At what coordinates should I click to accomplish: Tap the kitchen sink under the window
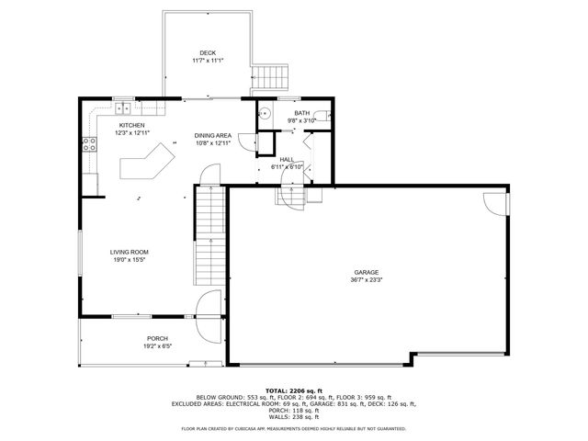coord(124,111)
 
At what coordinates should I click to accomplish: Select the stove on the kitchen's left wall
coord(90,142)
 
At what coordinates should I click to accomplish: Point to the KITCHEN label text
coord(131,125)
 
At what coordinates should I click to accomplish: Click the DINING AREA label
coord(211,135)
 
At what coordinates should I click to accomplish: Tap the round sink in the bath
coord(264,114)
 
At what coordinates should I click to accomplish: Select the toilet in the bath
coord(325,117)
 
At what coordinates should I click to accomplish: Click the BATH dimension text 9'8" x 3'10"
coord(302,120)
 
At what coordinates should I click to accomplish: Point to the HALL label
coord(288,159)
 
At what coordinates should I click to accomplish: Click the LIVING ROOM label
coord(129,252)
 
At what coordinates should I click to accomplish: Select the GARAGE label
coord(367,273)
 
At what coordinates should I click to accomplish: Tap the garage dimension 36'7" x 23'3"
coord(367,281)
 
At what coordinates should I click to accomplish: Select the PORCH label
coord(157,338)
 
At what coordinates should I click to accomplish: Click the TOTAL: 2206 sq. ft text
coord(293,390)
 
